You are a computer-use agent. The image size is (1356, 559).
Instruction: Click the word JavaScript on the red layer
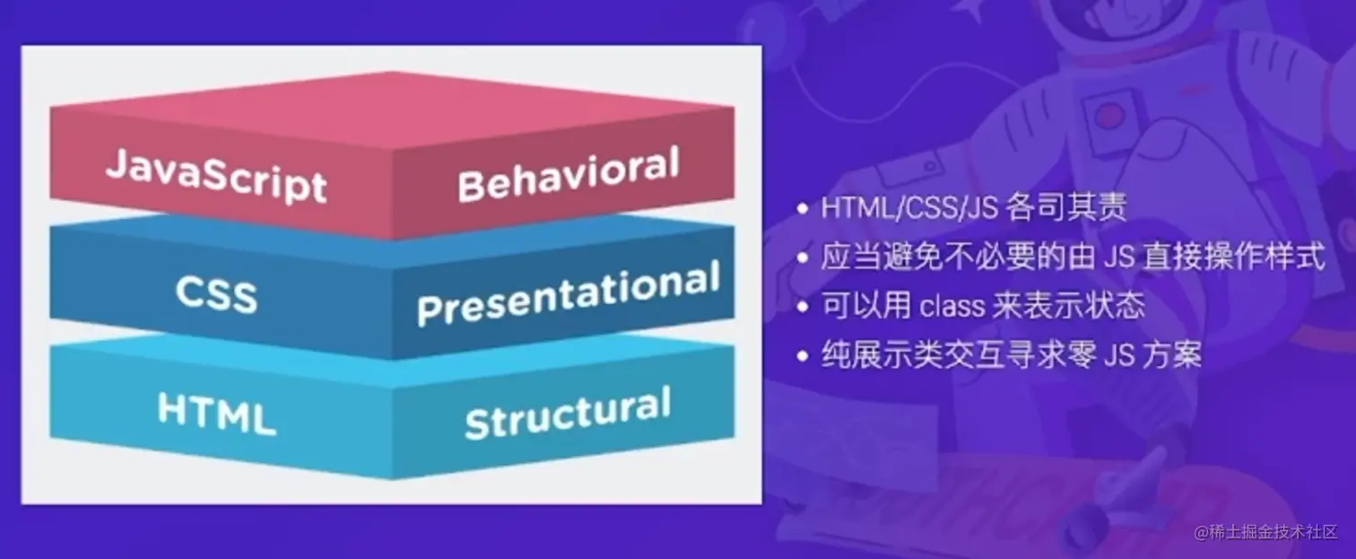[216, 177]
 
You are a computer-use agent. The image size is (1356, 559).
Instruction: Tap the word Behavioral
[567, 176]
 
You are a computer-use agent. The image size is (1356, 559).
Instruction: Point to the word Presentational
[568, 295]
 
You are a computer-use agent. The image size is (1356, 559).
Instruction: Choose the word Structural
[567, 413]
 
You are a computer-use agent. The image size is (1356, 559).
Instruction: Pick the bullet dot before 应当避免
[803, 258]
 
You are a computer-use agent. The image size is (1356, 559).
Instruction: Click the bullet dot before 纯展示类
[803, 356]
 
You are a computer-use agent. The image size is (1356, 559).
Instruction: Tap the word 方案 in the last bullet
[1178, 356]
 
